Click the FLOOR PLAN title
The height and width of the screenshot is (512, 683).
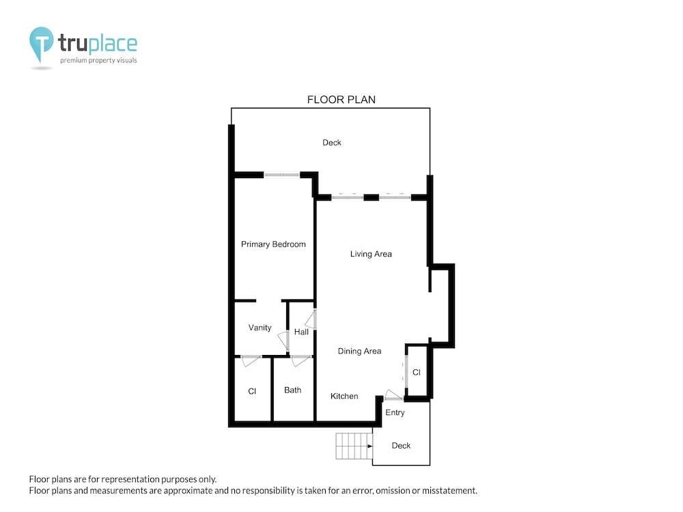pyautogui.click(x=341, y=100)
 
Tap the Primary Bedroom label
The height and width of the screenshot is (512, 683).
pyautogui.click(x=273, y=244)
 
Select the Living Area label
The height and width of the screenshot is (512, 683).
pyautogui.click(x=371, y=254)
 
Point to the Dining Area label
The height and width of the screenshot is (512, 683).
pyautogui.click(x=359, y=351)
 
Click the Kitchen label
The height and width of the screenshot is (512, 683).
pyautogui.click(x=344, y=396)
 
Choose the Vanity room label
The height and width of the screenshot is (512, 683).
pyautogui.click(x=260, y=328)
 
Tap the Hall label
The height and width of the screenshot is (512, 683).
pyautogui.click(x=301, y=332)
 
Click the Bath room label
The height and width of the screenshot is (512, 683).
pyautogui.click(x=292, y=390)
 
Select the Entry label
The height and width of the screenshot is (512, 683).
pyautogui.click(x=395, y=413)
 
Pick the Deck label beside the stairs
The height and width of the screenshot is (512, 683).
pyautogui.click(x=401, y=445)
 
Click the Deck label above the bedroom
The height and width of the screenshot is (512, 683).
pyautogui.click(x=331, y=143)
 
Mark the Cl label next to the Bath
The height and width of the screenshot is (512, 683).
pyautogui.click(x=252, y=391)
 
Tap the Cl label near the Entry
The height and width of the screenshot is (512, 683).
pyautogui.click(x=417, y=372)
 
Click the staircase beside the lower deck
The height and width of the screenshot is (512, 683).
pyautogui.click(x=354, y=446)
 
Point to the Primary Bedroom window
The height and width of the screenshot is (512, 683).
pyautogui.click(x=282, y=175)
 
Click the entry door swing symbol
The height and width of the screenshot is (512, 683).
pyautogui.click(x=393, y=395)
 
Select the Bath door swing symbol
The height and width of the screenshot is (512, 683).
pyautogui.click(x=301, y=361)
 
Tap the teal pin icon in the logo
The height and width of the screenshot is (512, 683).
pyautogui.click(x=42, y=44)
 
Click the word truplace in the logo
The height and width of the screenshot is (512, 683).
pyautogui.click(x=98, y=43)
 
